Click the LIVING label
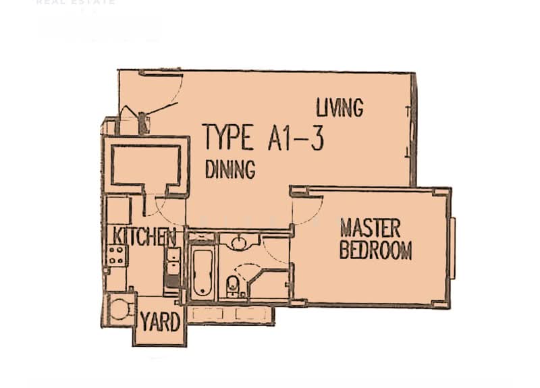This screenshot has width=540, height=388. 340,107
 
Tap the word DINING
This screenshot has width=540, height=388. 230,169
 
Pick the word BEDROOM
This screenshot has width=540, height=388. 375,250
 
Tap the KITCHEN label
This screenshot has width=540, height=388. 144,237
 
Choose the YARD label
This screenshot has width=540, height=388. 160,322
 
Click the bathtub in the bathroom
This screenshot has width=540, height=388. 202,273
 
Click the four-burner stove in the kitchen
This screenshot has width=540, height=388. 116,255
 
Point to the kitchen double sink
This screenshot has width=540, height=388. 173,263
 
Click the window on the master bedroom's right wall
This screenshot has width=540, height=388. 453,248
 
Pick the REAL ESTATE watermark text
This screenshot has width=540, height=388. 76,3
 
